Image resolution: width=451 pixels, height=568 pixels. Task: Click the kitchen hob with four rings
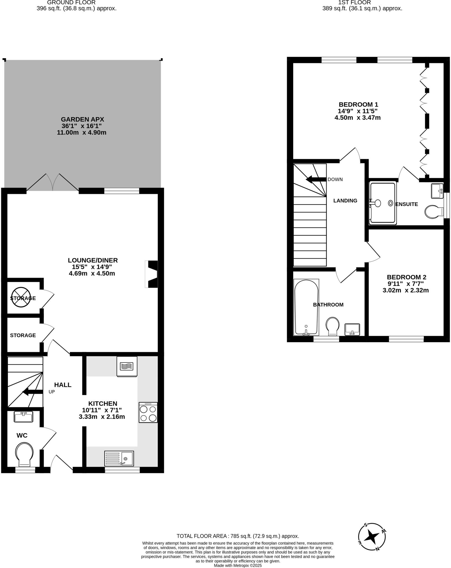pyautogui.click(x=148, y=412)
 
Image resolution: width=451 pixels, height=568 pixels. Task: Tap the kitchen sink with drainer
pyautogui.click(x=119, y=458)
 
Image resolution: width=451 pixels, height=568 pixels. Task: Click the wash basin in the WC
pyautogui.click(x=24, y=417)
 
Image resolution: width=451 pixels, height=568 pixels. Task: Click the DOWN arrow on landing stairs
pyautogui.click(x=316, y=179)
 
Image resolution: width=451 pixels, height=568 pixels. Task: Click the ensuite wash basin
pyautogui.click(x=437, y=191)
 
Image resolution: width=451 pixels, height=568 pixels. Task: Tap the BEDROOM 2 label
pyautogui.click(x=406, y=277)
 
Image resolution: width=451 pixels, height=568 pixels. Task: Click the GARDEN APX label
pyautogui.click(x=82, y=120)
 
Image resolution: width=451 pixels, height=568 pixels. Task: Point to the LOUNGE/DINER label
pyautogui.click(x=93, y=260)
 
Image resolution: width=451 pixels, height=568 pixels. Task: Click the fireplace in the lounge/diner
pyautogui.click(x=151, y=274)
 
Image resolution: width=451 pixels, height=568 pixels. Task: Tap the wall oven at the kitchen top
pyautogui.click(x=127, y=366)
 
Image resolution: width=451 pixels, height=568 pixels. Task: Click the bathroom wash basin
pyautogui.click(x=352, y=329)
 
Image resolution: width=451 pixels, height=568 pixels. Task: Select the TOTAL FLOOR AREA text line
pyautogui.click(x=238, y=536)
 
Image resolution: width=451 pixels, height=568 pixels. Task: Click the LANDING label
pyautogui.click(x=345, y=201)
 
